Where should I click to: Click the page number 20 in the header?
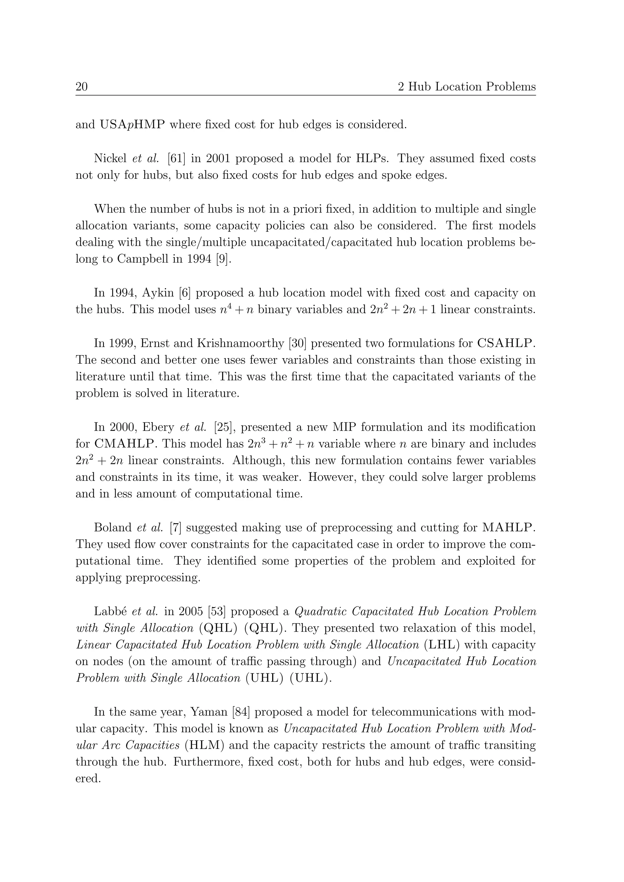click(x=81, y=87)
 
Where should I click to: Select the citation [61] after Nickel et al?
click(x=176, y=158)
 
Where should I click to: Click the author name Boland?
click(x=114, y=527)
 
